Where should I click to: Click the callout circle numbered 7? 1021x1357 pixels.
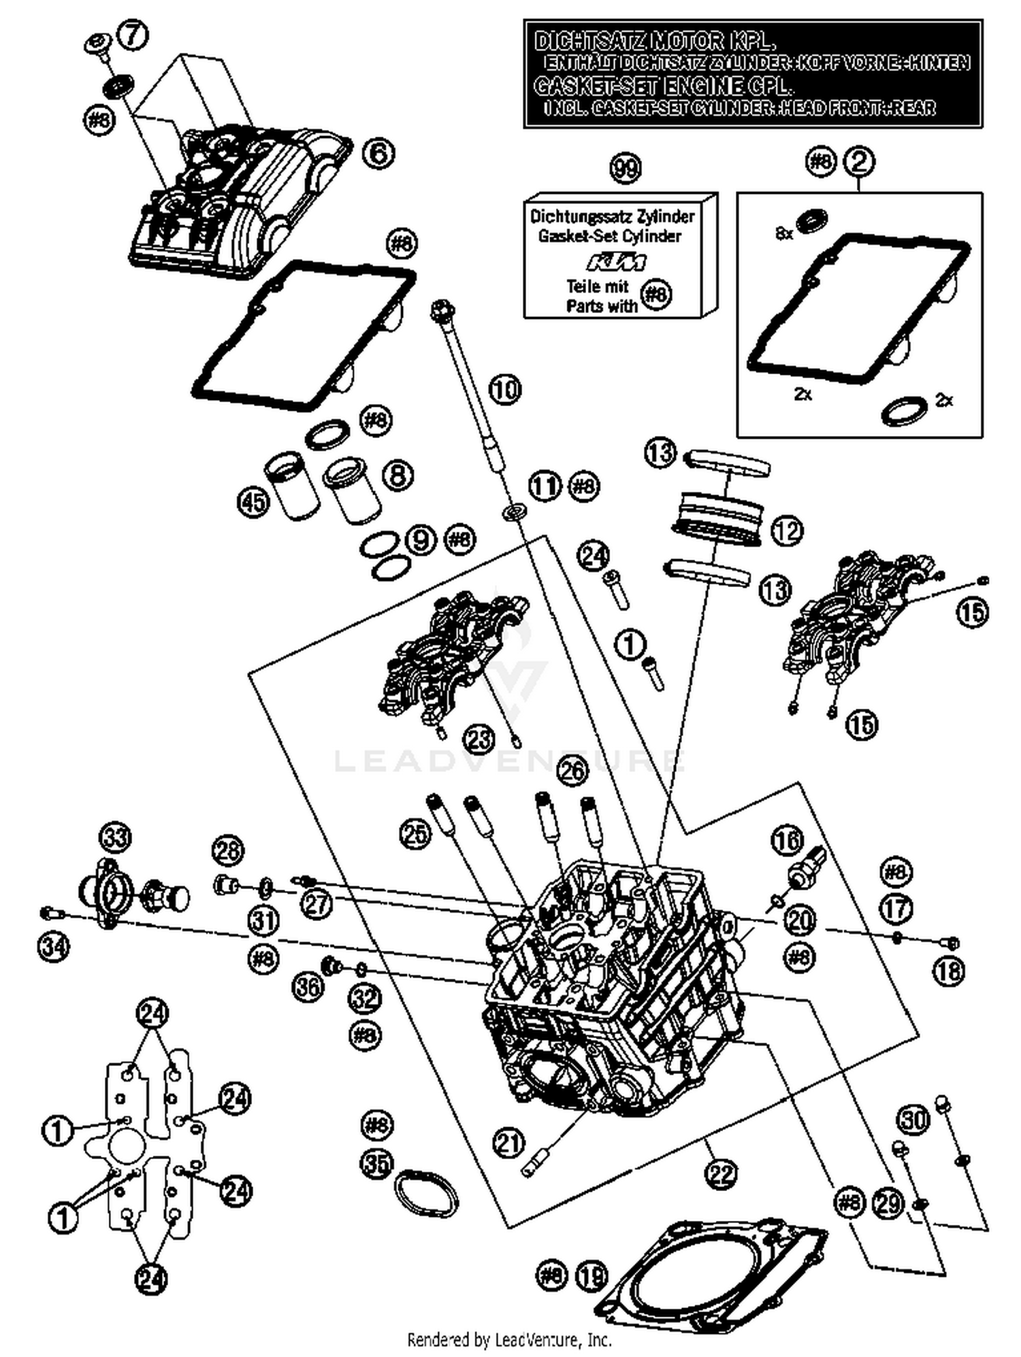click(x=133, y=34)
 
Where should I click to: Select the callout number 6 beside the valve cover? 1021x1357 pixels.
click(x=378, y=152)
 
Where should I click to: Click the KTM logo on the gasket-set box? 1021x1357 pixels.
click(x=617, y=263)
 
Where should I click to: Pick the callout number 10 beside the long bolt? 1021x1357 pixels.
click(x=504, y=390)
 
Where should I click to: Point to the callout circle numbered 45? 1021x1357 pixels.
click(x=253, y=503)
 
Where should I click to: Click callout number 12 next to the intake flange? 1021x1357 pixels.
click(x=787, y=531)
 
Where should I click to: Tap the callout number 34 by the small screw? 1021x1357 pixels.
click(x=54, y=946)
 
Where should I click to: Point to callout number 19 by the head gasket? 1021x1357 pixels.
click(x=592, y=1275)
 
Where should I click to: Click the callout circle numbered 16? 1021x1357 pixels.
click(x=787, y=841)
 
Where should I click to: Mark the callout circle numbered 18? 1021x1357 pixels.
click(x=949, y=971)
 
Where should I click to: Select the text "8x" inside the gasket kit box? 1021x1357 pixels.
click(x=784, y=233)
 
